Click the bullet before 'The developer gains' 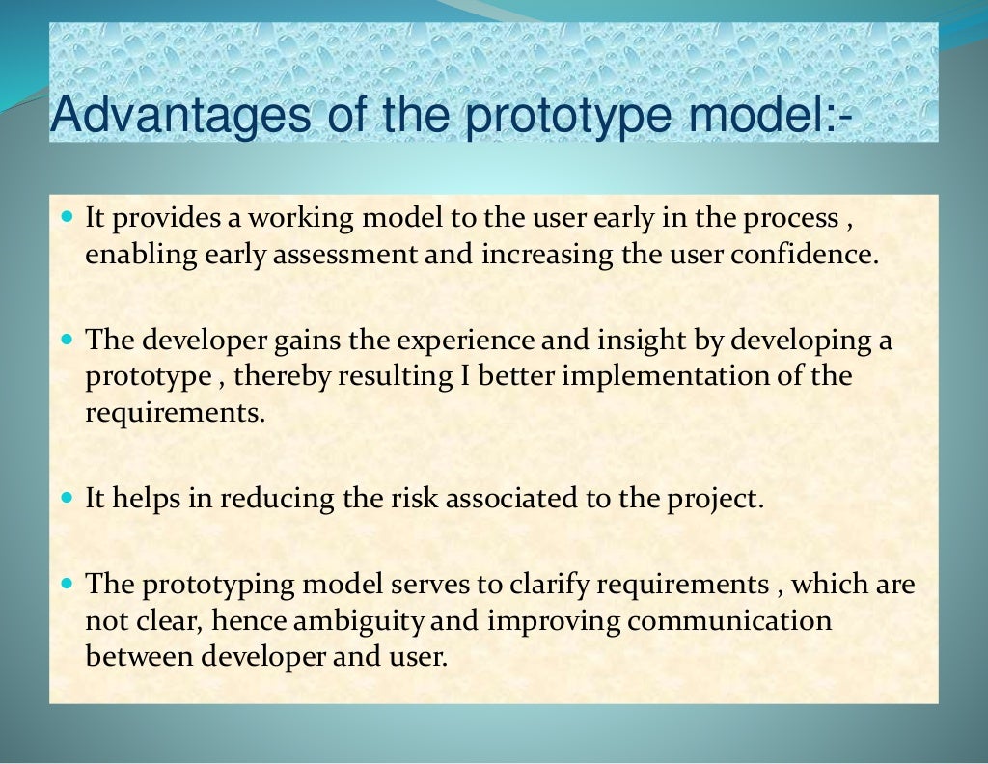click(x=68, y=341)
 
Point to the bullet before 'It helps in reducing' click(x=68, y=500)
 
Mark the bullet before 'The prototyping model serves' click(x=68, y=585)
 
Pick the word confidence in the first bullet click(x=804, y=255)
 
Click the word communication click(x=729, y=620)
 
